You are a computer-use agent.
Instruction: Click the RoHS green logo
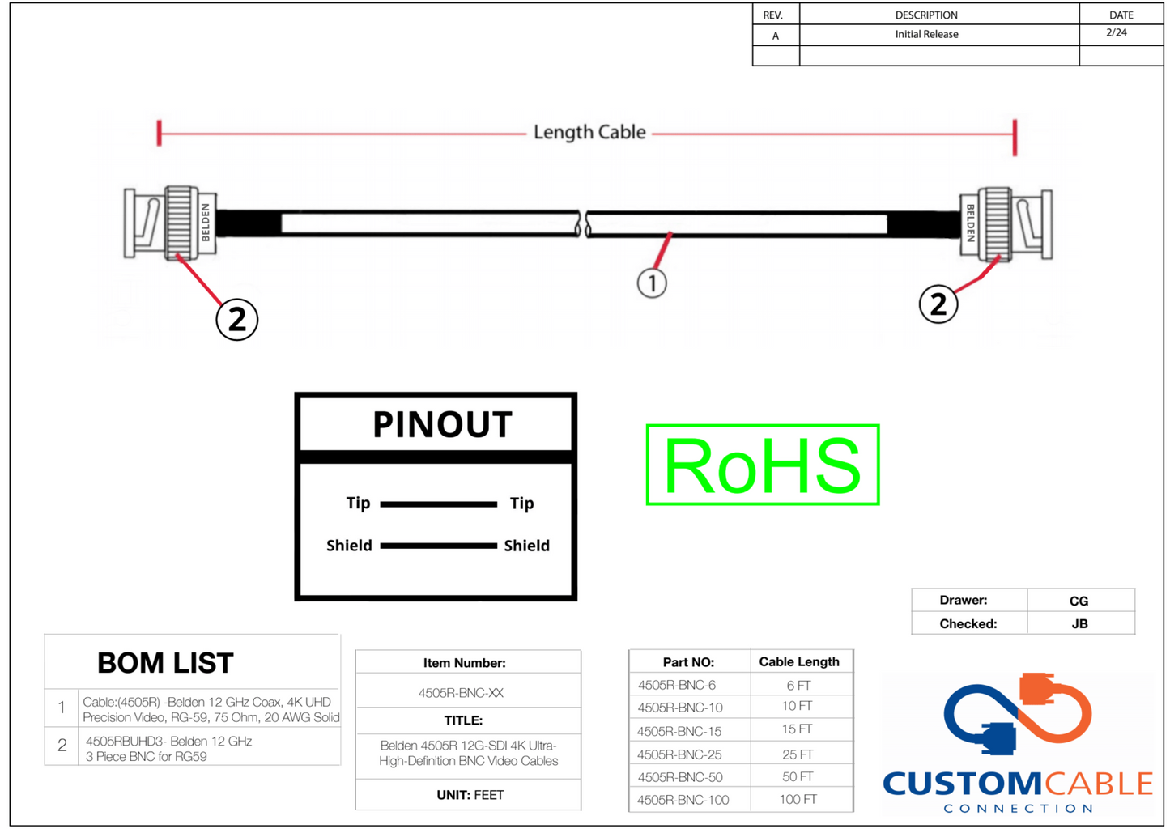click(762, 465)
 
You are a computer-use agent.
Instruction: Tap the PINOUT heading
click(442, 425)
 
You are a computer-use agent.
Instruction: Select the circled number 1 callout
click(652, 283)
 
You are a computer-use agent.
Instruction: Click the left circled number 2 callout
click(236, 319)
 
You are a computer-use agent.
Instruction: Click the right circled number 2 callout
click(938, 304)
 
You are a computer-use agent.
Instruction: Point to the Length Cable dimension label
click(589, 132)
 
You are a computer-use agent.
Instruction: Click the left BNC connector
click(170, 223)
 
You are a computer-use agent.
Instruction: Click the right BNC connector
click(1006, 224)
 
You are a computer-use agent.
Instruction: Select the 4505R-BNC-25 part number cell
click(679, 754)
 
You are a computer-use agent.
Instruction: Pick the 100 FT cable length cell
click(798, 800)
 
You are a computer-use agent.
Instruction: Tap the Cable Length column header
click(799, 661)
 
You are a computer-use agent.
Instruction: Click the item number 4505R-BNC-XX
click(461, 693)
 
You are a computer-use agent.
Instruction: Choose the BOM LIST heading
click(165, 663)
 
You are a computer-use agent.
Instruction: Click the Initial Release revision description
click(926, 34)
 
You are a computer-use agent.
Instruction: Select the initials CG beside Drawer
click(1079, 601)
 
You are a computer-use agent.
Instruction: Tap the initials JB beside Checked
click(1079, 624)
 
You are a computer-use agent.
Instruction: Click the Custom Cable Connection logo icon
click(1018, 712)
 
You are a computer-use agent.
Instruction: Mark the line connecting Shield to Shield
click(438, 546)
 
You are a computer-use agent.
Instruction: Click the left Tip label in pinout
click(358, 504)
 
